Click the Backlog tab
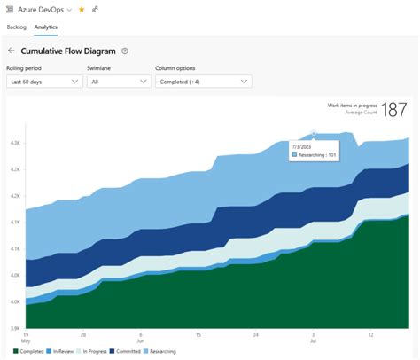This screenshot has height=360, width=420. click(x=17, y=27)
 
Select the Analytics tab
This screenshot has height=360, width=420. click(x=47, y=27)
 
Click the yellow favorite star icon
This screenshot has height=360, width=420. click(x=82, y=9)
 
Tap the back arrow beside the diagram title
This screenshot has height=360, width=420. click(x=11, y=51)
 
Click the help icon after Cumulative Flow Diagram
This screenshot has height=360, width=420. click(x=125, y=51)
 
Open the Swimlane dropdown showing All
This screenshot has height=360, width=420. click(x=119, y=82)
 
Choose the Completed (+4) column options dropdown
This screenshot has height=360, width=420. click(x=203, y=82)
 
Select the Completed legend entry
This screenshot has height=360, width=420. click(x=29, y=352)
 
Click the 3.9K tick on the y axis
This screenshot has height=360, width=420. click(x=15, y=328)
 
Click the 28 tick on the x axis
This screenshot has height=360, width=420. click(x=82, y=335)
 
